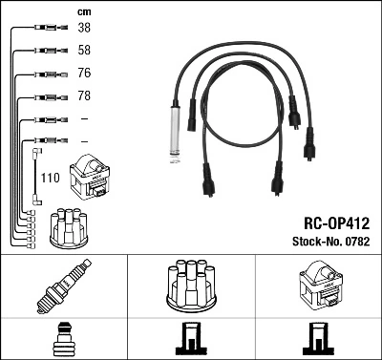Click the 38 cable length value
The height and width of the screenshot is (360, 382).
(x=84, y=29)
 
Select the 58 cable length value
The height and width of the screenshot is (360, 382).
(x=84, y=51)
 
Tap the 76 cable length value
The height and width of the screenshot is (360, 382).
(x=84, y=74)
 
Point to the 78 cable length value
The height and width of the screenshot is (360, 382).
(x=84, y=96)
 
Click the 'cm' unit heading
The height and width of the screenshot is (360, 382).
(x=83, y=11)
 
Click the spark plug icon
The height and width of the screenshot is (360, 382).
(x=64, y=285)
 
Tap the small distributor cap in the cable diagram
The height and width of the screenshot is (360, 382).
(x=69, y=225)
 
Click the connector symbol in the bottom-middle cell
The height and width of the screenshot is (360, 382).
(x=190, y=339)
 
